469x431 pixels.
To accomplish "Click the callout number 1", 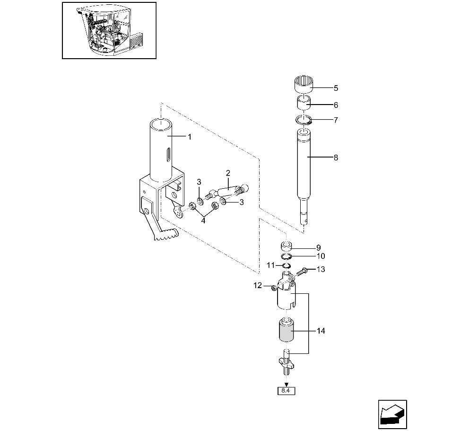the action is tap(189, 137).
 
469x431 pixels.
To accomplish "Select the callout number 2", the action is tap(228, 173).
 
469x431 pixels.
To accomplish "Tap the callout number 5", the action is tap(336, 88).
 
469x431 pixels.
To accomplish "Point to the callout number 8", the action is tap(336, 158).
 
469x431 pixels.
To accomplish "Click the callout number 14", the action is tap(321, 331).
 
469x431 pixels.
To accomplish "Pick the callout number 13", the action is tap(321, 269).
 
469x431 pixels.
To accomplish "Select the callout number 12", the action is tap(258, 286).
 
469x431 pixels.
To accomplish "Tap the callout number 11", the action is tap(270, 265).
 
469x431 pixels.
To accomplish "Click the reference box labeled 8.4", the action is tap(286, 391).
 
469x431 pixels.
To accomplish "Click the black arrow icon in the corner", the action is tap(392, 414).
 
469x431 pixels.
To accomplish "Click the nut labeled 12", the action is tap(273, 288).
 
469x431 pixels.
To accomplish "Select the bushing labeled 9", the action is tap(287, 246).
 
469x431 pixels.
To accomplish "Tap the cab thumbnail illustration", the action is tap(109, 31).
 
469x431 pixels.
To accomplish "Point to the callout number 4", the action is tap(203, 221).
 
